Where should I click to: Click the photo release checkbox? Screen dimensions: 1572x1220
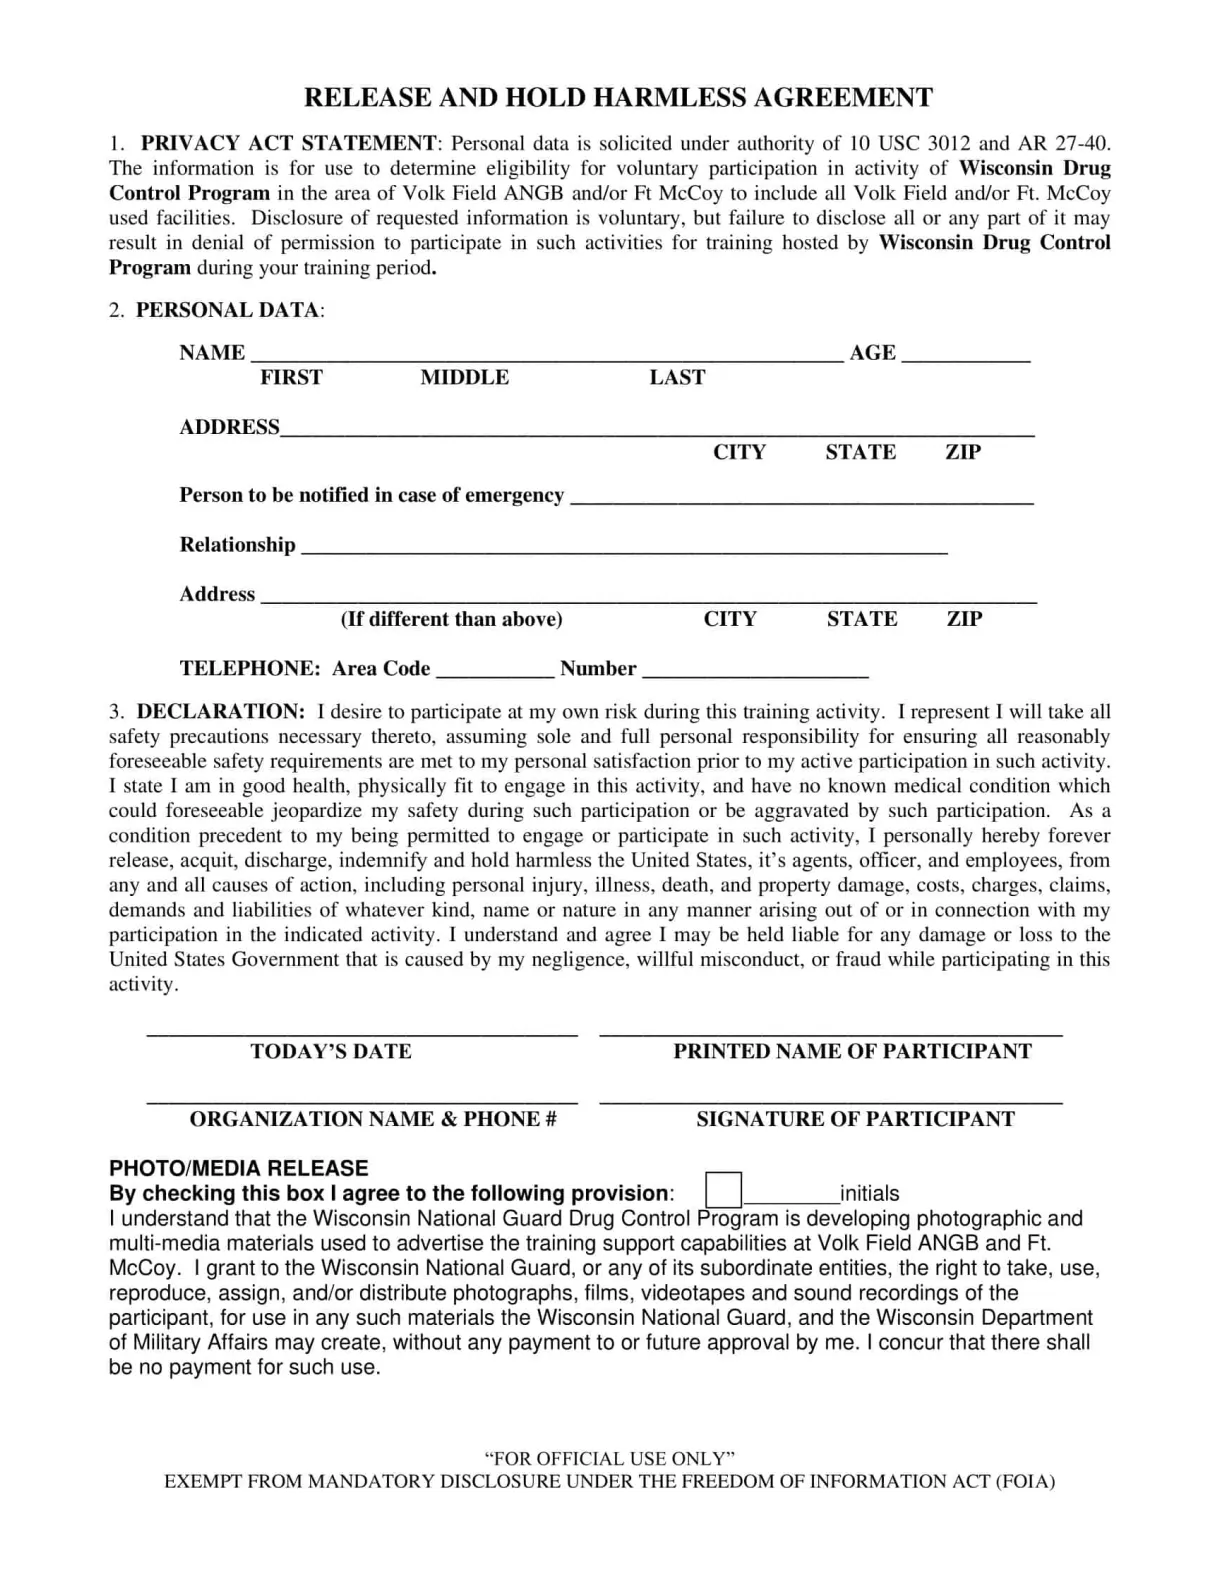tap(723, 1190)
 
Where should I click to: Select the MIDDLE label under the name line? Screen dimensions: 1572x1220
tap(464, 377)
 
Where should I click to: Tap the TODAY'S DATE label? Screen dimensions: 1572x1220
tap(331, 1051)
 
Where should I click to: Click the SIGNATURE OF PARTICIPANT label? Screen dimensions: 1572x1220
tap(855, 1119)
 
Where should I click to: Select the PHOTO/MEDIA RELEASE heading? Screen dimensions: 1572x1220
tap(238, 1168)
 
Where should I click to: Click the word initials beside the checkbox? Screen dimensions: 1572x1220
tap(869, 1193)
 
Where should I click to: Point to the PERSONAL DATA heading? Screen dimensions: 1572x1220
tap(229, 310)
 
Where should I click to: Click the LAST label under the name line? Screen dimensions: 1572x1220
tap(677, 377)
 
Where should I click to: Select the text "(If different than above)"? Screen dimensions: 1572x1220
tap(452, 619)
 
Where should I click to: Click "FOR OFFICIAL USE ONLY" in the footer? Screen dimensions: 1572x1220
tap(610, 1458)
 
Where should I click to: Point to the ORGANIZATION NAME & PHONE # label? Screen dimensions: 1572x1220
tap(373, 1119)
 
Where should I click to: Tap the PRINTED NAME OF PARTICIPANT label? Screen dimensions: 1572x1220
tap(852, 1051)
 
